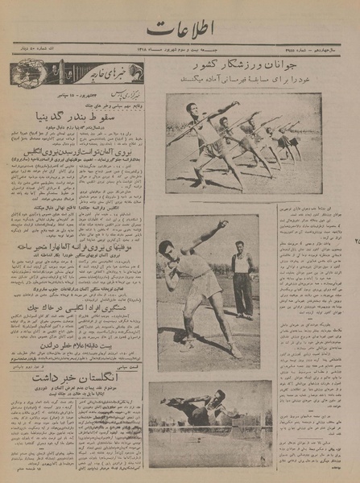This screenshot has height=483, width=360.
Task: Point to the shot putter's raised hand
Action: pos(221,228)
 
